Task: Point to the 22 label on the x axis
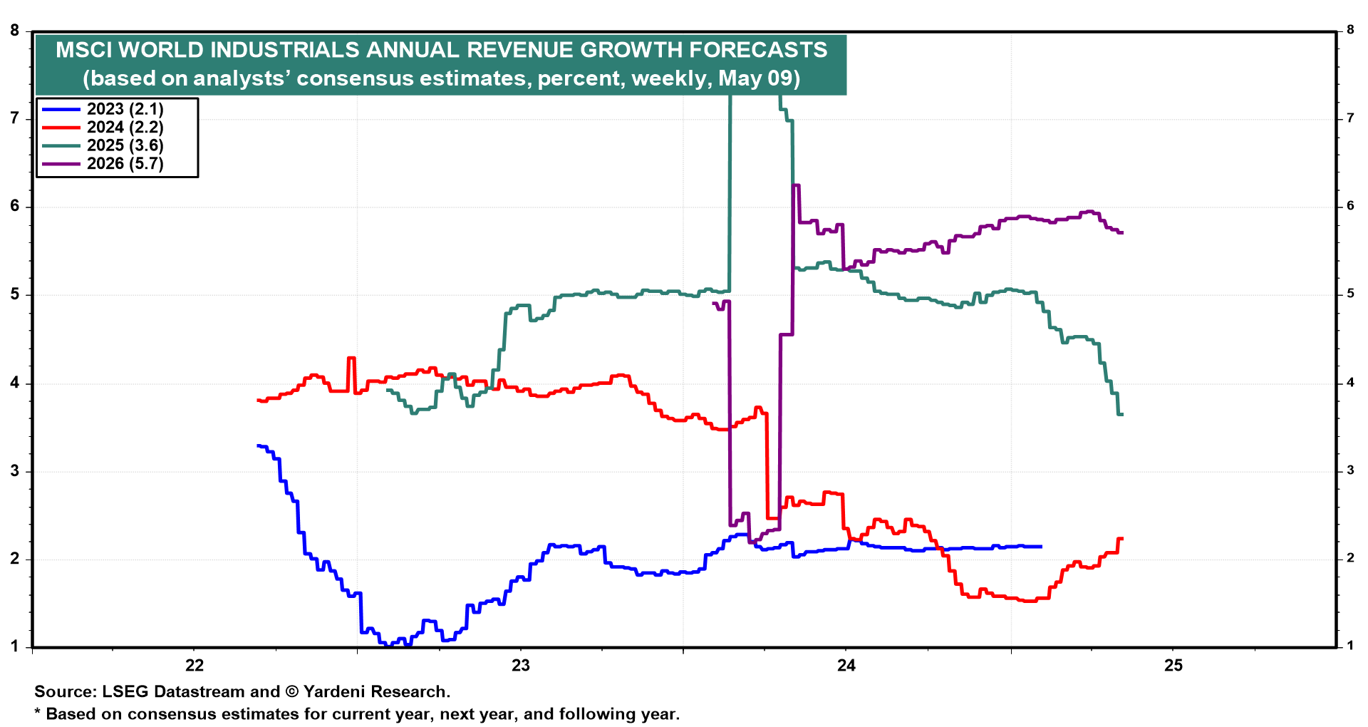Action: [194, 666]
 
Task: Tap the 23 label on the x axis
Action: [521, 666]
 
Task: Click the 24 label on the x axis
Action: [846, 666]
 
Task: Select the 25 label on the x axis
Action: [1173, 666]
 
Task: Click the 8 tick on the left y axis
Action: [15, 30]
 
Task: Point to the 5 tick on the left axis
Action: [15, 295]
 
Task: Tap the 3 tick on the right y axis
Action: [1350, 470]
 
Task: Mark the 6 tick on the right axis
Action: [1350, 206]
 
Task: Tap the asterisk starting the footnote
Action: [38, 713]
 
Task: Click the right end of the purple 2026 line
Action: [1122, 232]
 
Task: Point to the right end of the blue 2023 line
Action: [1041, 547]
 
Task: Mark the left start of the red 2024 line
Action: [258, 400]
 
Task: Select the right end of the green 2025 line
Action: [1122, 414]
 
